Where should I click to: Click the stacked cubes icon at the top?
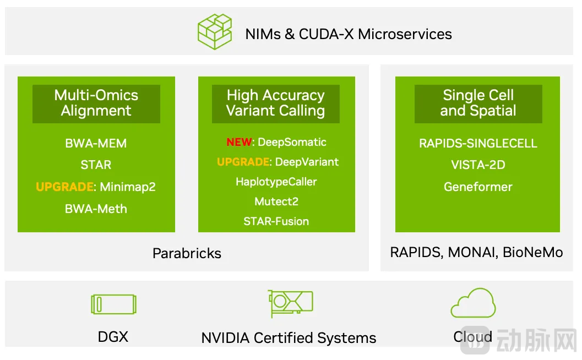coord(214,32)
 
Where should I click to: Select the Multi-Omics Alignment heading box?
coord(96,103)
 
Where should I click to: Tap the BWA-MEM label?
coord(96,143)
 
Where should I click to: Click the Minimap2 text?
coord(128,187)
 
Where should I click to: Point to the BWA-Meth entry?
coord(96,209)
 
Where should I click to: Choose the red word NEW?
coord(239,142)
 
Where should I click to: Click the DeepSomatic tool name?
coord(292,142)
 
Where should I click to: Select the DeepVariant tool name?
coord(307,162)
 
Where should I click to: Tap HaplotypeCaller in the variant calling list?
coord(276,182)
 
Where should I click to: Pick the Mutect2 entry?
coord(276,201)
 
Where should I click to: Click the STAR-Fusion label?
coord(276,221)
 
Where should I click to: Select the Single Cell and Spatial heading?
coord(478,103)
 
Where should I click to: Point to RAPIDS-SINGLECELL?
coord(478,143)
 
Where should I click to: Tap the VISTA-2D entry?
coord(478,165)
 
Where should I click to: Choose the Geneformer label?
coord(478,187)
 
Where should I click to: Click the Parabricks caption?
coord(187,253)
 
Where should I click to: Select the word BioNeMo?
coord(534,252)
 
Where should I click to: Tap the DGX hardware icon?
coord(113,304)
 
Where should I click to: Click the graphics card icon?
coord(290,303)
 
